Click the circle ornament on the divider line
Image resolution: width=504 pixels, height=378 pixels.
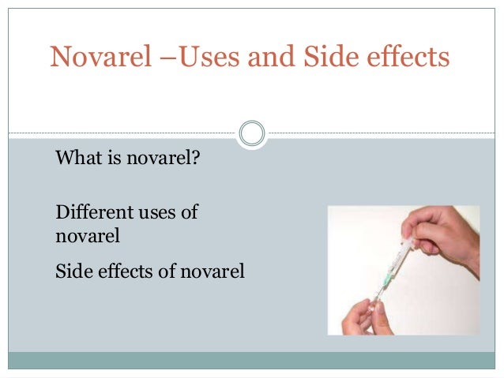pos(252,133)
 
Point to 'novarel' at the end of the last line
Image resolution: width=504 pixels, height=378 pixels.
pos(215,272)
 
